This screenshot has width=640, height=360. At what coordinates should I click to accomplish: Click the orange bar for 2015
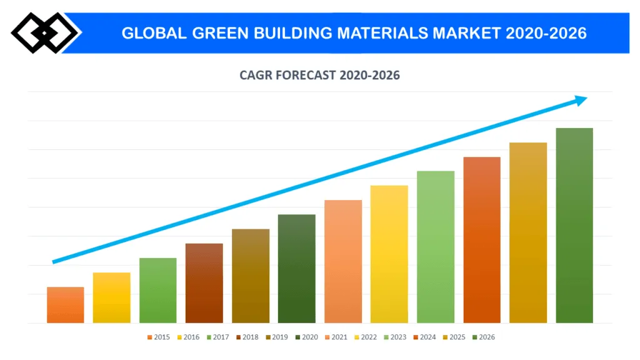coord(65,305)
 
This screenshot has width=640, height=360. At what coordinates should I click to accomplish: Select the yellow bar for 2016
coord(111,297)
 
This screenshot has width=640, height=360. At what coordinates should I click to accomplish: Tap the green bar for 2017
coord(157,291)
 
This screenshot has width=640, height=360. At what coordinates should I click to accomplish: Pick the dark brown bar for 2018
coord(204,283)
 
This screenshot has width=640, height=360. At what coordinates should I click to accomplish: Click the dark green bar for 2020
coord(296,269)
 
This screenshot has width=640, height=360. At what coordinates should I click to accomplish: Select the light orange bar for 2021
coord(342,261)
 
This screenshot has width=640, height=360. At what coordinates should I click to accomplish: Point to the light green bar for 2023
coord(435,247)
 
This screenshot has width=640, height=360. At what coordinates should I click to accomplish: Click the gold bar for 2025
coord(527,232)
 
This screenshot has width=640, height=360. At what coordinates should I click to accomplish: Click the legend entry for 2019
coord(276,337)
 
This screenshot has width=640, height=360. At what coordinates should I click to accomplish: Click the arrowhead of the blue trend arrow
coord(580,100)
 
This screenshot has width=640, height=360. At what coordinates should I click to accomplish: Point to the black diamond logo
coord(44,32)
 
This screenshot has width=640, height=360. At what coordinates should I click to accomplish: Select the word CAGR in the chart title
coord(256,76)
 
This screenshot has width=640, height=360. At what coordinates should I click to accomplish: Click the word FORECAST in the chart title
coord(306,76)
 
